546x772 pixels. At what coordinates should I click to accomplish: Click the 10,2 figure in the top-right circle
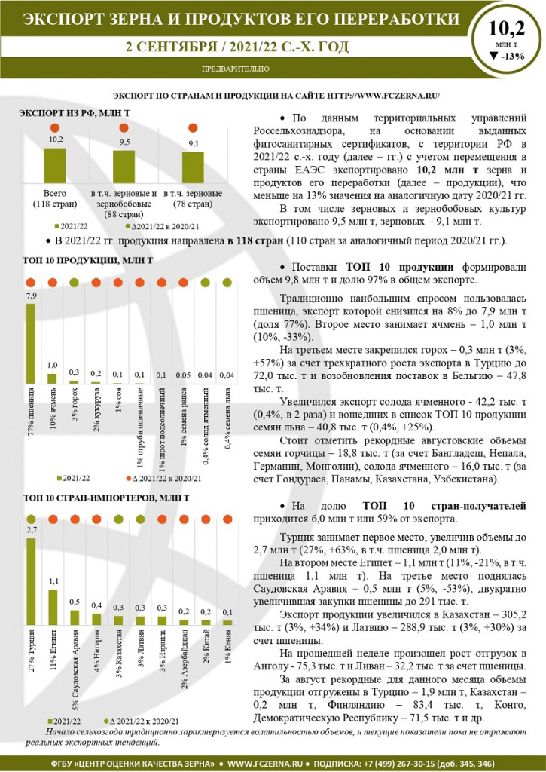[x=506, y=29]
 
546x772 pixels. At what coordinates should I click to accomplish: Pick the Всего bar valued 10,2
[x=55, y=164]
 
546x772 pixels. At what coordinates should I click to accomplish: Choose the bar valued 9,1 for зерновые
[x=193, y=167]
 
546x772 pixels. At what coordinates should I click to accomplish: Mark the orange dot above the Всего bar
[x=55, y=128]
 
